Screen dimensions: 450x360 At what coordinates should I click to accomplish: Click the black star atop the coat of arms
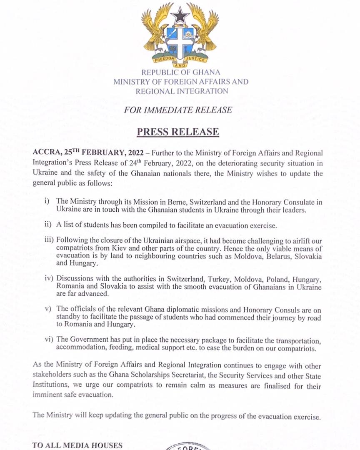(x=180, y=16)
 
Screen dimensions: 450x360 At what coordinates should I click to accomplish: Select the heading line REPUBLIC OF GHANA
(x=181, y=72)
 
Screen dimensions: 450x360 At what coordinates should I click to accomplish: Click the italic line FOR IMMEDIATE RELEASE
(x=178, y=110)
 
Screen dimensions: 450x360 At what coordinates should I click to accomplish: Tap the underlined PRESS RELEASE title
(x=178, y=132)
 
